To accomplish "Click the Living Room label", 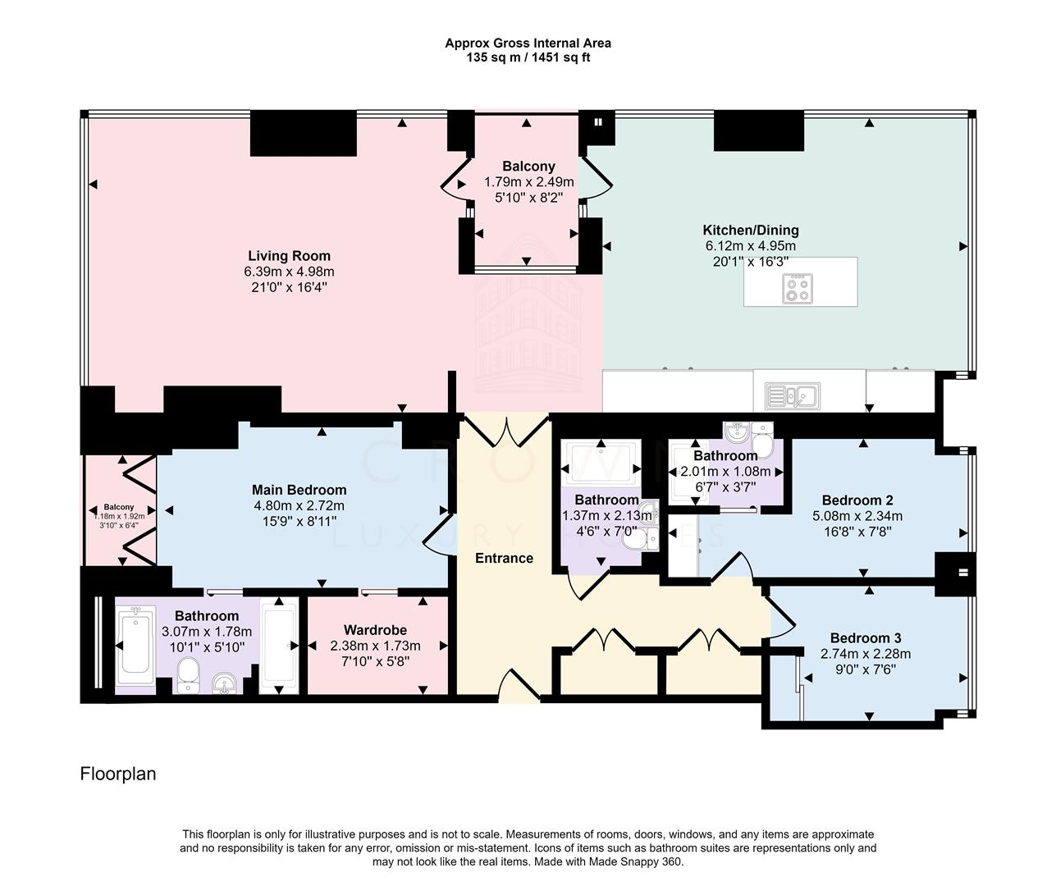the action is point(289,256).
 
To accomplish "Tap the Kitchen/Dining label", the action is point(751,230).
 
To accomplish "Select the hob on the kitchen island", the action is point(798,289).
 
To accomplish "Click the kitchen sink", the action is point(792,396).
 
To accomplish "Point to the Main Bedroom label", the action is point(299,490).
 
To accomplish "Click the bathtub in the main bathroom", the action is point(135,646).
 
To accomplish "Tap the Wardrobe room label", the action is point(375,630).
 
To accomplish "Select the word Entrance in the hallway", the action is point(505,559).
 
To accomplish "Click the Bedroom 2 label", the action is point(857,500).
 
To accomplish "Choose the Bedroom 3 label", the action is point(866,637).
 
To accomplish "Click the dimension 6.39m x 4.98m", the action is point(289,272).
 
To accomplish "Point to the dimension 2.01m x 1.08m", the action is point(725,472).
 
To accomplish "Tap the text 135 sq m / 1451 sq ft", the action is point(528,57).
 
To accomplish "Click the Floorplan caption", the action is point(118,774).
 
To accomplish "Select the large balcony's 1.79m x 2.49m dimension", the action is point(528,181).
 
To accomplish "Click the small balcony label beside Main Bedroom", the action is point(119,507).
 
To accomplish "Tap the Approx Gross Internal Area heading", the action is point(528,43).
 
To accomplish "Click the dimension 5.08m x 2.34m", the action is point(857,516).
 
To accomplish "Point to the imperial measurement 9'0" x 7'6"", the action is point(866,669).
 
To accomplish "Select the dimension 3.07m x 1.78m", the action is point(206,632).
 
